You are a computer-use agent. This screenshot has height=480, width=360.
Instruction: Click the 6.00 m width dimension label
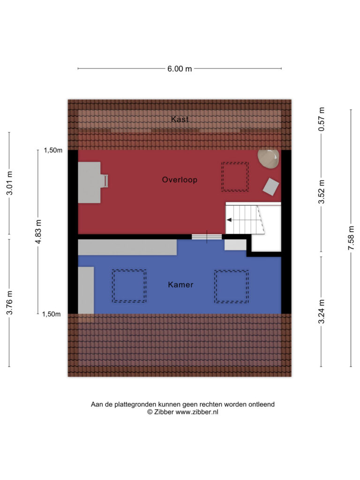(180, 68)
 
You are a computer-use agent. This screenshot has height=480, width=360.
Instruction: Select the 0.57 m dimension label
(321, 119)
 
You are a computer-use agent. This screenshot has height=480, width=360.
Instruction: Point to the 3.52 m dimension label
(321, 192)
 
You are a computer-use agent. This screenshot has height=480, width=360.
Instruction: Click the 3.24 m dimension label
(321, 311)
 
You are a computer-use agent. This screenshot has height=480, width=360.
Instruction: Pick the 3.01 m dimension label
(9, 183)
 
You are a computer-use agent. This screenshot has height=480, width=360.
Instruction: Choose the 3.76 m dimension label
(9, 302)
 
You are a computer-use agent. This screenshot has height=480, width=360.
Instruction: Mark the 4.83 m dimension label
(38, 232)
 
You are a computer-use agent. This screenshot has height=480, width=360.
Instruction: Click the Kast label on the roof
(180, 119)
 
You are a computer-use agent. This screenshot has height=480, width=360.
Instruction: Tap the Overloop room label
(180, 180)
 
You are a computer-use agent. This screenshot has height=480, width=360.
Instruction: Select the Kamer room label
(180, 285)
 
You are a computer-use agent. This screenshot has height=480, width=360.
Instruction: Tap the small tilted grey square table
(271, 187)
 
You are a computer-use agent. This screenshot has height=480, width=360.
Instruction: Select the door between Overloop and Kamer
(207, 237)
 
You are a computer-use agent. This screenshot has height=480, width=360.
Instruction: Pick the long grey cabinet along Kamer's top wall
(127, 247)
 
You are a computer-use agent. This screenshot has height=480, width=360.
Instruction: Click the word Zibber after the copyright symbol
(164, 412)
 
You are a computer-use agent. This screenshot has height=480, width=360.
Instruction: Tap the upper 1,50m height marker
(53, 150)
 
